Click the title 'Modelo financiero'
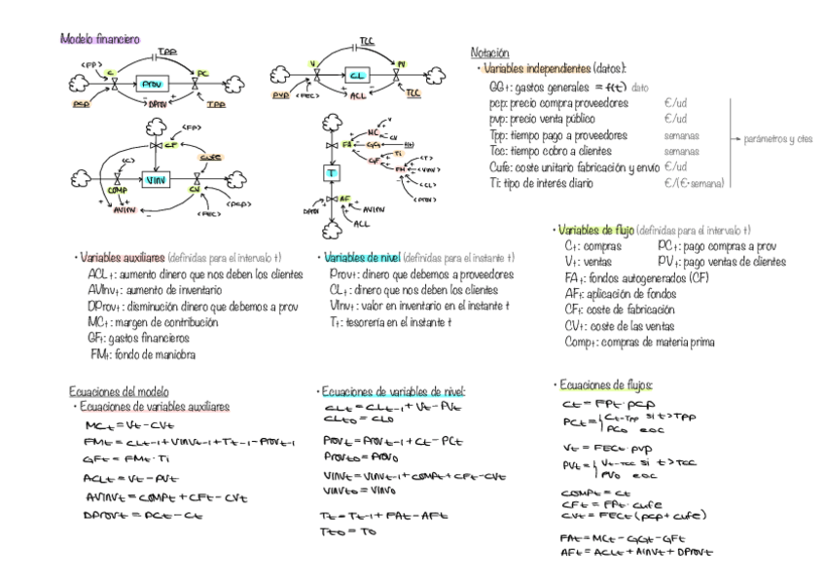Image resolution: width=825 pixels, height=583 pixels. (99, 39)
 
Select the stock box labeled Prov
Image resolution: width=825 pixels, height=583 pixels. (154, 85)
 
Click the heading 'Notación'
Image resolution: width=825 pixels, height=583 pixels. (490, 53)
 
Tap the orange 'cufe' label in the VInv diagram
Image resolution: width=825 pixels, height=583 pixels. (210, 157)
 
